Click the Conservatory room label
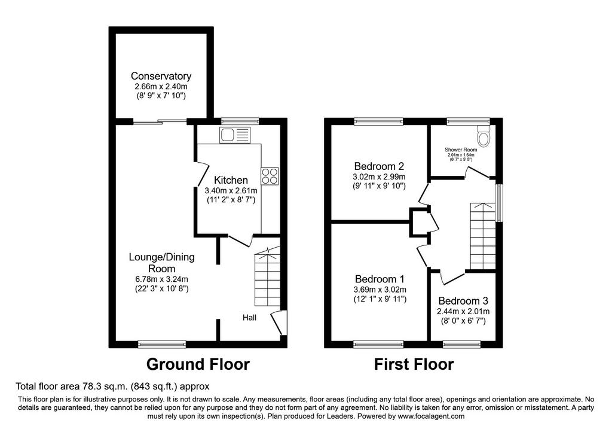pos(161,76)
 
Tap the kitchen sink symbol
pos(234,135)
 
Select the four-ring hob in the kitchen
pos(270,176)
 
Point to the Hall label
pos(249,317)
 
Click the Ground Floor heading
pos(198,364)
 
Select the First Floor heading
pos(414,364)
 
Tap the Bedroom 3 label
pos(463,301)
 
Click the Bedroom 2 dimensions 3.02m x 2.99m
pos(379,177)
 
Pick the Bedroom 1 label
pos(380,279)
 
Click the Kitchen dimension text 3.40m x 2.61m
pos(231,191)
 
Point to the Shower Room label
pos(461,150)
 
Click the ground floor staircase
pos(267,278)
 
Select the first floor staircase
pos(483,236)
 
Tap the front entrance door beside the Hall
pos(279,322)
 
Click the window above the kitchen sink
pos(240,121)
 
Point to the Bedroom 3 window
pos(462,344)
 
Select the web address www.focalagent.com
pos(431,416)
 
